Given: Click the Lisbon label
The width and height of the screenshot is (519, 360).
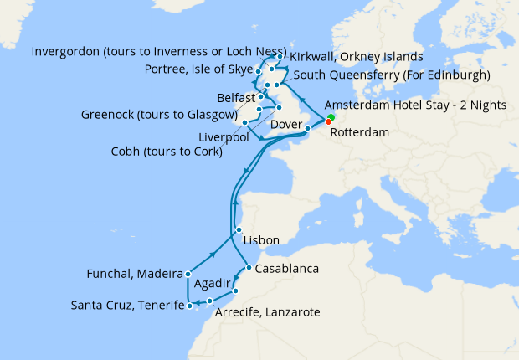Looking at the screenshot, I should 260,240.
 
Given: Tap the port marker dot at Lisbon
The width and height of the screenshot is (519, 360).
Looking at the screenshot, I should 239,230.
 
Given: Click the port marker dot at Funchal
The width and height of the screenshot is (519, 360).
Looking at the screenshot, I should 189,274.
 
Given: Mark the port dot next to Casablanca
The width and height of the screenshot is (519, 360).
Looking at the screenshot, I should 249,268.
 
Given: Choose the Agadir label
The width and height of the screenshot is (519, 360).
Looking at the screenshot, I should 213,284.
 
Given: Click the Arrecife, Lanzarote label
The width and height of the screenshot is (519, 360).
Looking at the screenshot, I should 268,312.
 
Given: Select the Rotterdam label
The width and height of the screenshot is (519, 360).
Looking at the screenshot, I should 360,132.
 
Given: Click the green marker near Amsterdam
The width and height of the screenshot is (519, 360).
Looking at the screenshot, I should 331,116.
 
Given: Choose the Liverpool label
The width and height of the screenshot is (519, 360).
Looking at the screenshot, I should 223,136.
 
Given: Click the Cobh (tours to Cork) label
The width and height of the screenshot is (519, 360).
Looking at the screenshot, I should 166,152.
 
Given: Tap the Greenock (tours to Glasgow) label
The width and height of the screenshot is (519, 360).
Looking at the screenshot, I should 156,115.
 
